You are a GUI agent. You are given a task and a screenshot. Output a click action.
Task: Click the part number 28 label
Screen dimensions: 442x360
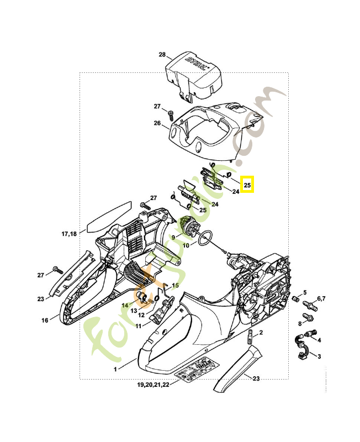tap(162, 55)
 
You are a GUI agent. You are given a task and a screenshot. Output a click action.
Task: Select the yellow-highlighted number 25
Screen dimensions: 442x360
tap(247, 185)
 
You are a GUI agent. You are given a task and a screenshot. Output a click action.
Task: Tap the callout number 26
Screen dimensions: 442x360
tap(157, 124)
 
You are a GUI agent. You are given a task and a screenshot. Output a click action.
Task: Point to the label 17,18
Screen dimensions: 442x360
tap(69, 234)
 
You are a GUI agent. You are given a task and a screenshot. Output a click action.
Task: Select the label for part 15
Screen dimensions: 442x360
tap(176, 286)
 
